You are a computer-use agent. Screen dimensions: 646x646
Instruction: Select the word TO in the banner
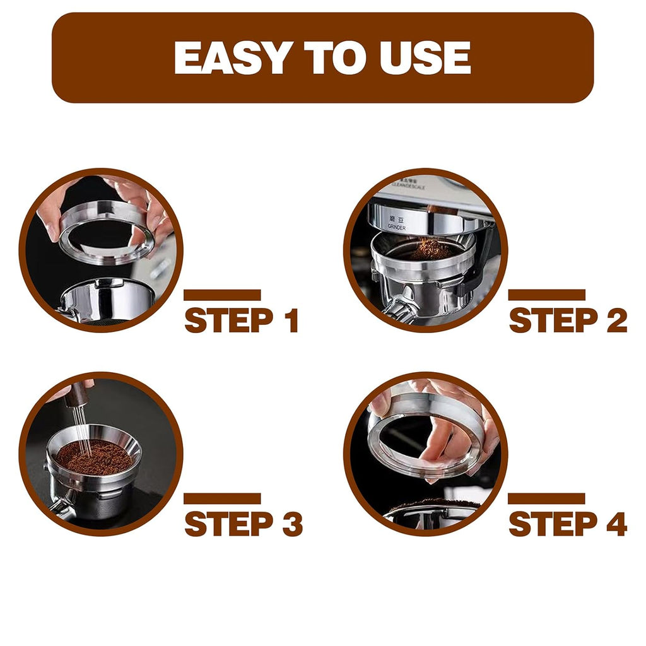tap(332, 58)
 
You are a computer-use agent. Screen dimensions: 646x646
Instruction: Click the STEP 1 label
tap(241, 321)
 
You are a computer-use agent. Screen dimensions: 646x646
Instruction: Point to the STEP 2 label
tap(567, 321)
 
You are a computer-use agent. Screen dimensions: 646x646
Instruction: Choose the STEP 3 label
tap(243, 524)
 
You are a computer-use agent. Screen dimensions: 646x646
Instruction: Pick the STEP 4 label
tap(567, 524)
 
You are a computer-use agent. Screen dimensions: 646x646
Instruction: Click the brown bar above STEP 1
tap(222, 295)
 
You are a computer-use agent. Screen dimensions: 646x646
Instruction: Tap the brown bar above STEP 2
tap(546, 295)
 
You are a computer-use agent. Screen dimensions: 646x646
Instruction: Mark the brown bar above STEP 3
tap(222, 498)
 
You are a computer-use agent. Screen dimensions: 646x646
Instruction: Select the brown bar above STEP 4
tap(546, 498)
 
